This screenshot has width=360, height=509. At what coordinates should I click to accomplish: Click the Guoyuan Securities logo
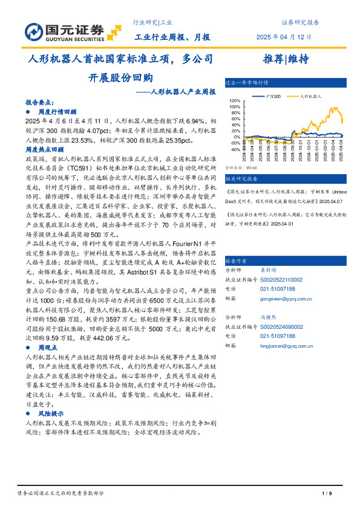[x=66, y=31]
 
